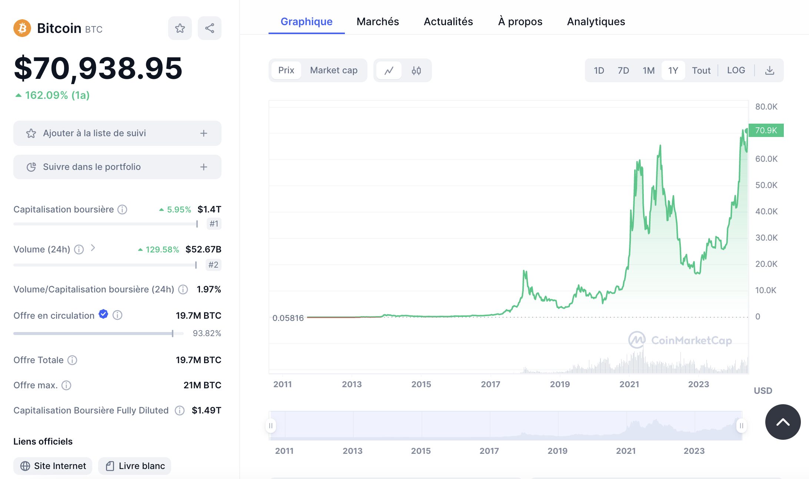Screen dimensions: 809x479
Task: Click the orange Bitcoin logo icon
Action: tap(22, 28)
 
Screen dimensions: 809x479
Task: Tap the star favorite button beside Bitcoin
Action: tap(180, 28)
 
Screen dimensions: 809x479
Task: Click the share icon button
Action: tap(210, 28)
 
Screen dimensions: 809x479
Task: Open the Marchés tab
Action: tap(378, 21)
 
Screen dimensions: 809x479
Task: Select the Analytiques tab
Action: tap(596, 21)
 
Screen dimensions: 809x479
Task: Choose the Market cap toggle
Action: tap(334, 70)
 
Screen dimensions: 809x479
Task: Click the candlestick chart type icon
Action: tap(416, 70)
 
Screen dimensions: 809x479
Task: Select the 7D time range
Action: tap(623, 70)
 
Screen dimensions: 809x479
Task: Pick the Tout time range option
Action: tap(701, 70)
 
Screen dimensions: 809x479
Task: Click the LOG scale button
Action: tap(736, 70)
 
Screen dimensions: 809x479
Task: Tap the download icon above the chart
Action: tap(770, 70)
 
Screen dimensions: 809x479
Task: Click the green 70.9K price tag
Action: tap(766, 130)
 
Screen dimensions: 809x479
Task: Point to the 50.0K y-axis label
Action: tap(766, 185)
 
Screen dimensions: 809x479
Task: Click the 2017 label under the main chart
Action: tap(490, 384)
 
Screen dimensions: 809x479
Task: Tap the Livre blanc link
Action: tap(134, 466)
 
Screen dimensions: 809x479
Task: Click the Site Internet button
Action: tap(53, 466)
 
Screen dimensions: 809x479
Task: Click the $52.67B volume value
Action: tap(203, 249)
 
